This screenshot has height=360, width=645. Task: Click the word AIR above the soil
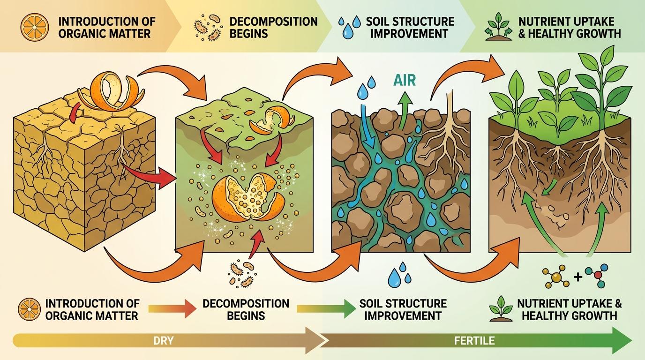(405, 80)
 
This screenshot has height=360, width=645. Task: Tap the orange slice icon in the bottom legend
(28, 310)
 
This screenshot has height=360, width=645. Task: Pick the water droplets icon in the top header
(350, 27)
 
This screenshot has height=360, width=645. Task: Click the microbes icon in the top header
(207, 27)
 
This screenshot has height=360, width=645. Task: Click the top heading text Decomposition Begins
(273, 27)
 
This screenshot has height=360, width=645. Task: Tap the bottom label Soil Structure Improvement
(403, 309)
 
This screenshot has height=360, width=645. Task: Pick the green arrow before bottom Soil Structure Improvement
(326, 309)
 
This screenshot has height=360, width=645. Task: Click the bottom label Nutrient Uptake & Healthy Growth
(569, 309)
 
